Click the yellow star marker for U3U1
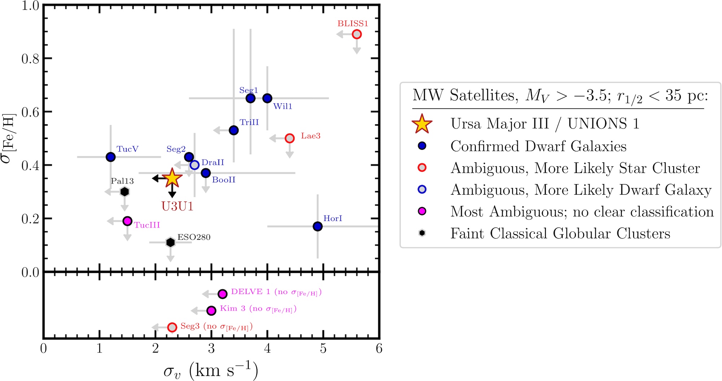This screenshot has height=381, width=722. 172,178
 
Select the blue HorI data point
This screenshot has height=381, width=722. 318,226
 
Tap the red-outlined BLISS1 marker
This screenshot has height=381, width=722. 357,34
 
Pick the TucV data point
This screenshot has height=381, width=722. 111,157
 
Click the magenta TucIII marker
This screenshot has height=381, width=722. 127,221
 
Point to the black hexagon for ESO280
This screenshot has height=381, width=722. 170,242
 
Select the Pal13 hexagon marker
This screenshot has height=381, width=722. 125,192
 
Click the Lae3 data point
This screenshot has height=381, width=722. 290,138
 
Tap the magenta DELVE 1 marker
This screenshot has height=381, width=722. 223,294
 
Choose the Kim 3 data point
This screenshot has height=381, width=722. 212,310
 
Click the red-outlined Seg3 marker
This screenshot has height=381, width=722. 172,328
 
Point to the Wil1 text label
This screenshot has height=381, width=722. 283,107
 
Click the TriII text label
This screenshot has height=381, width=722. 249,122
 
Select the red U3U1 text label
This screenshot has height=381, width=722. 177,206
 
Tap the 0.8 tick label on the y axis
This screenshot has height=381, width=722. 30,59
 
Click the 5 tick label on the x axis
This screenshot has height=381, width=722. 323,348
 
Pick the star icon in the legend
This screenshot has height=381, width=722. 422,124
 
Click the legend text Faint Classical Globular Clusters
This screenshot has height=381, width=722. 560,234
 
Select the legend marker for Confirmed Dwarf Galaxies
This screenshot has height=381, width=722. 422,146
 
